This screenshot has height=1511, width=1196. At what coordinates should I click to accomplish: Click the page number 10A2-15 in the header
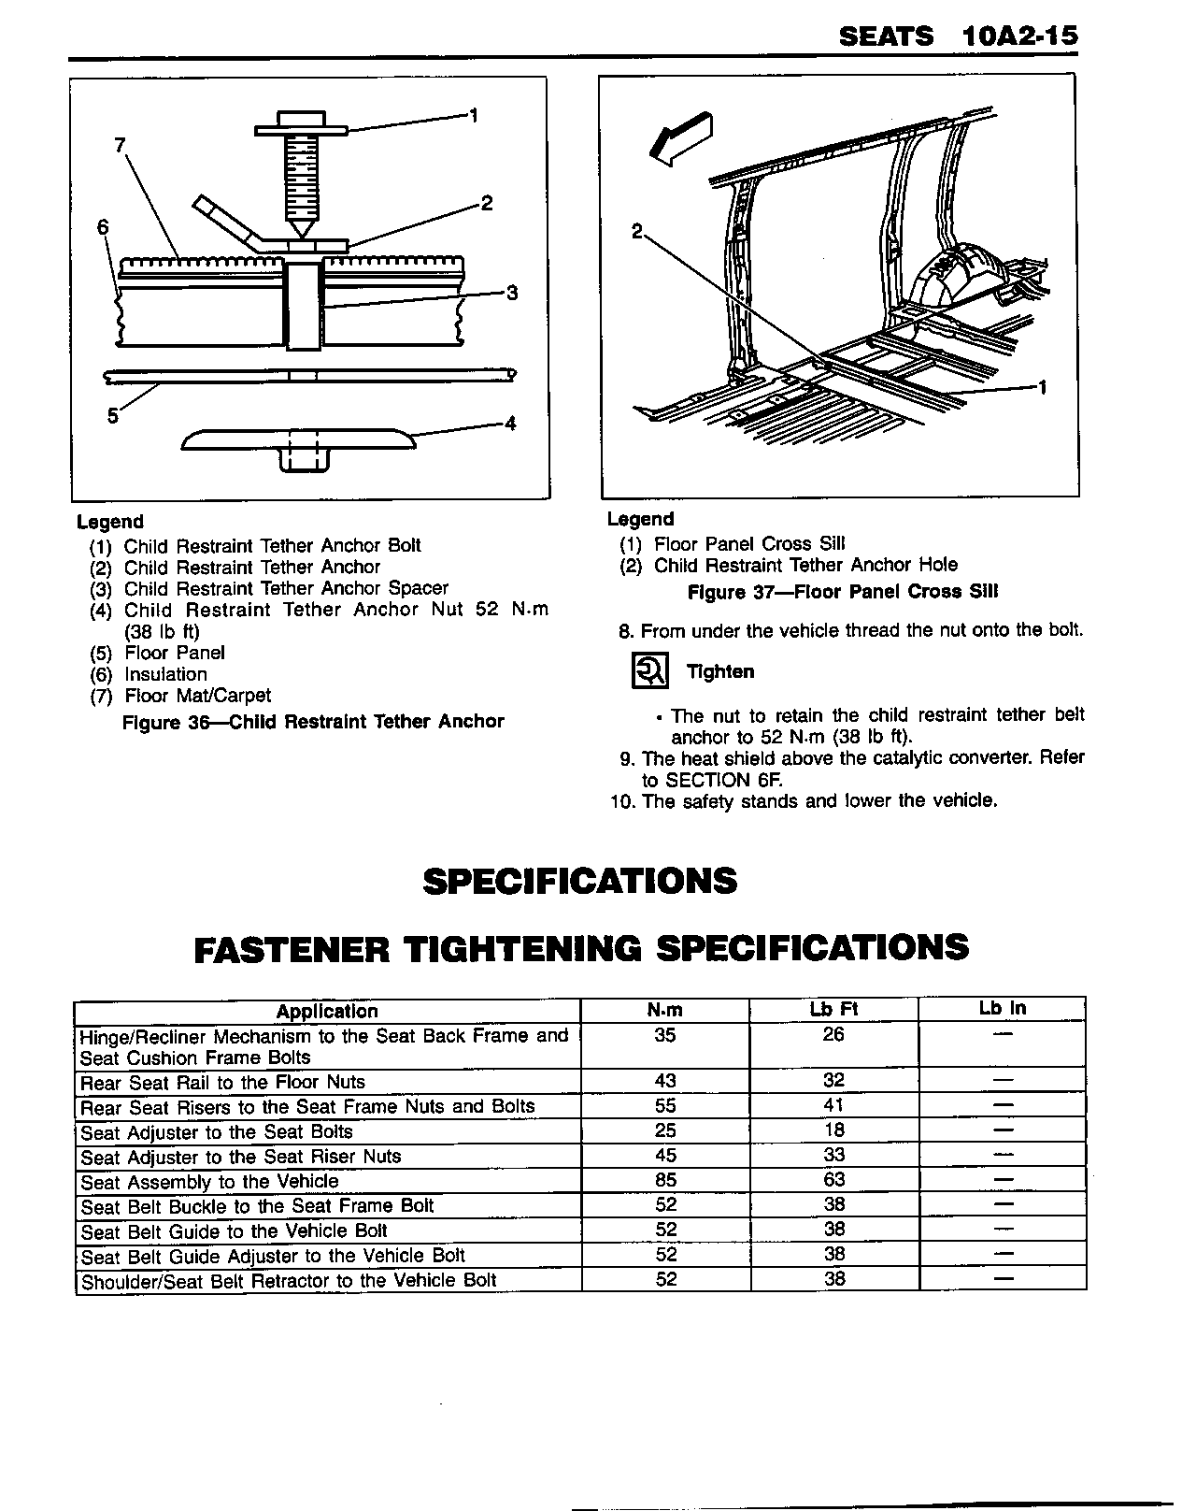1018,36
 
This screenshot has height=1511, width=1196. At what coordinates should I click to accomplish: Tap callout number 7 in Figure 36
120,145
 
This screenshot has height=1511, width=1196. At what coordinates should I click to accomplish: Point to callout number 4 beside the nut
510,424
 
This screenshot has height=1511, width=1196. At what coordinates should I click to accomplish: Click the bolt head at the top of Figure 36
300,122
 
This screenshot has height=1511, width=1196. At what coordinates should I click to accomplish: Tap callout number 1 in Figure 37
1042,387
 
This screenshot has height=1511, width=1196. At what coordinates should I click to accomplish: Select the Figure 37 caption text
842,592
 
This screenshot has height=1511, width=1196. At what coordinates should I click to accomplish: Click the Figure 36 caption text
313,722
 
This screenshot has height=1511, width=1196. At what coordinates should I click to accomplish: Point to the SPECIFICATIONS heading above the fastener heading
579,882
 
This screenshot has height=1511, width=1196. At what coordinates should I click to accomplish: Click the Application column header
327,1011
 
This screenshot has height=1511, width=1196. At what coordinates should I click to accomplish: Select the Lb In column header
1002,1008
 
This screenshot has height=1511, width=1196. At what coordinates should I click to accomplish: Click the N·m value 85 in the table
665,1181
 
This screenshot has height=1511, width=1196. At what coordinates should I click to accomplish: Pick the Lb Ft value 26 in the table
833,1034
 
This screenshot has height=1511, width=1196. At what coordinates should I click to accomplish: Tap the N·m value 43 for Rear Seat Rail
665,1081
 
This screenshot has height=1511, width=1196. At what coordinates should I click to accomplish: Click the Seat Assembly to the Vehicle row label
209,1182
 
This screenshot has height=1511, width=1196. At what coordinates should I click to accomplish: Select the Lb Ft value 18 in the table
833,1130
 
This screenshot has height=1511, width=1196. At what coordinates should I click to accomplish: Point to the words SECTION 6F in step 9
722,780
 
